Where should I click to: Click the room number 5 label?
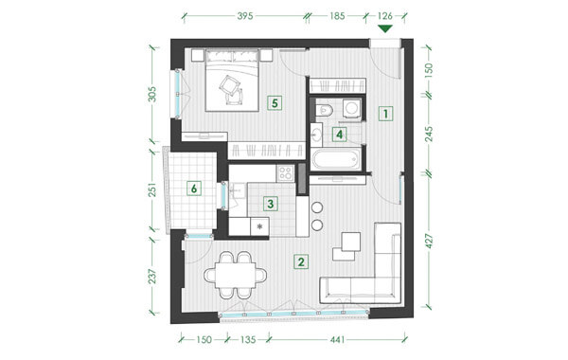[x=275, y=103]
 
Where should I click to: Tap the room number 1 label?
[x=386, y=114]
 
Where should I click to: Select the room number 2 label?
[x=301, y=261]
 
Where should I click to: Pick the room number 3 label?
[x=270, y=204]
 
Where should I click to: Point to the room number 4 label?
[x=339, y=135]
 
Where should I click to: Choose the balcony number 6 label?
[x=194, y=189]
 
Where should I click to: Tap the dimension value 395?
[x=245, y=16]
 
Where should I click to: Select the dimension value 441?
[x=338, y=340]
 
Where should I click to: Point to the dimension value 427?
[x=429, y=241]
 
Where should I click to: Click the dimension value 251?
[x=153, y=189]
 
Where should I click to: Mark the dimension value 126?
[x=384, y=16]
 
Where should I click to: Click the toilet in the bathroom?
[x=324, y=109]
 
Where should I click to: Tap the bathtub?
[x=336, y=158]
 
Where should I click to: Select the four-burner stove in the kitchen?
[x=285, y=173]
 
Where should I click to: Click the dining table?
[x=236, y=275]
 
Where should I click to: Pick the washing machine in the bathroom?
[x=351, y=108]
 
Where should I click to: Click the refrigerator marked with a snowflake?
[x=259, y=226]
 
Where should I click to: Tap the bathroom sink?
[x=316, y=135]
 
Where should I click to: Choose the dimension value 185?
[x=337, y=16]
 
